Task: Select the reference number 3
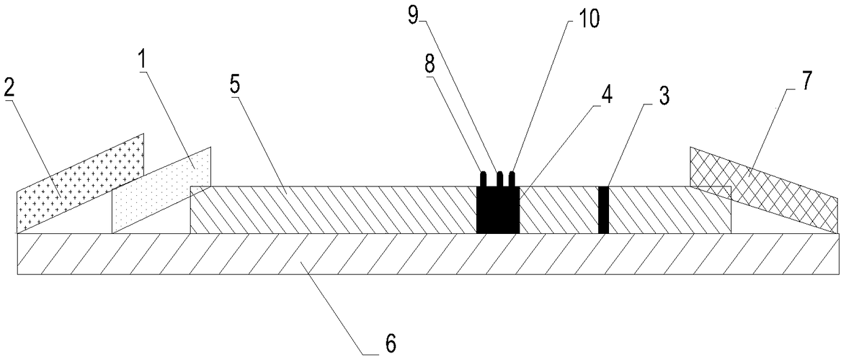663,96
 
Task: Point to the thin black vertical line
604,210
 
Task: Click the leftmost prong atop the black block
484,179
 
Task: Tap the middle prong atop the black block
499,179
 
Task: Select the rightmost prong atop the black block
513,179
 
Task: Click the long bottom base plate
427,254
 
